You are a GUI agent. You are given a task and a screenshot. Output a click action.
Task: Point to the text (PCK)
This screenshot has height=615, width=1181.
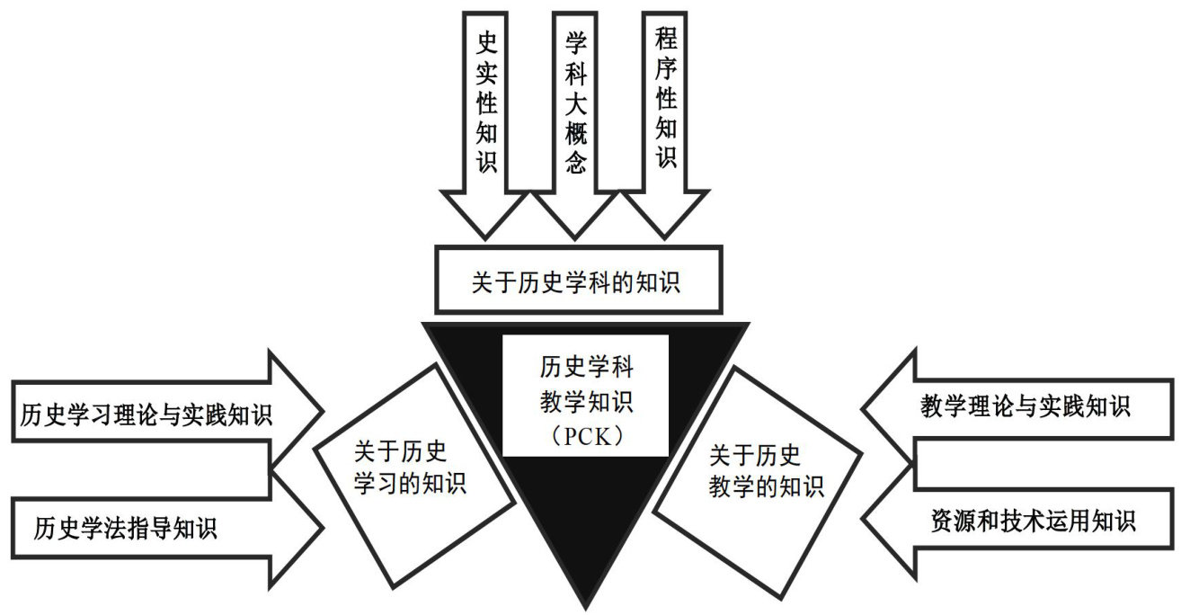(x=585, y=436)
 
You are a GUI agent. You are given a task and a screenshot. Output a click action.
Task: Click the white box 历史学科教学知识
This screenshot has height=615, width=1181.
(x=585, y=396)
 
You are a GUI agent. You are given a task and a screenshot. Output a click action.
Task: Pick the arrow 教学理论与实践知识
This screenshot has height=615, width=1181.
(x=1025, y=406)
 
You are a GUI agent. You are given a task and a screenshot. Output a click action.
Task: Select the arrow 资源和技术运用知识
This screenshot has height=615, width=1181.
(x=1025, y=520)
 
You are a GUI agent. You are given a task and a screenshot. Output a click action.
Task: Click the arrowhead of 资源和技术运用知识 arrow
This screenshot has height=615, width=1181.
(x=885, y=520)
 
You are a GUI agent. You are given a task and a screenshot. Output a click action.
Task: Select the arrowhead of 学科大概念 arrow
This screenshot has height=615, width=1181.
(x=574, y=216)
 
